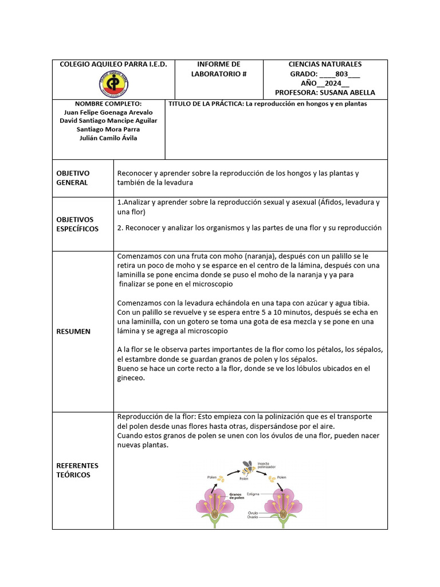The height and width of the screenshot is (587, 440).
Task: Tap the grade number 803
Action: pos(341,74)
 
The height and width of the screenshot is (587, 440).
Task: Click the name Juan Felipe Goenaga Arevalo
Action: pos(108,112)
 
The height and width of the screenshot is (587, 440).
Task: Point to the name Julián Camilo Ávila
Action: pos(108,138)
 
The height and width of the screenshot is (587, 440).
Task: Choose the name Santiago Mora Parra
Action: pos(108,129)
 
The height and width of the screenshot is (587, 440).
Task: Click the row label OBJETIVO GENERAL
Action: pos(72,178)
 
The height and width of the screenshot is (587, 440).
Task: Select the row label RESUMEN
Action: pos(73,331)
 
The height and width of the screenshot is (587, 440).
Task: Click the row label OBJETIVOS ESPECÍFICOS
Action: pos(77,224)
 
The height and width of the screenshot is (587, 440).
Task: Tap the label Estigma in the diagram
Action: pos(254,493)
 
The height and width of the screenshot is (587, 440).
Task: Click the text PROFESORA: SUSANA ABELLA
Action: pos(325,92)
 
